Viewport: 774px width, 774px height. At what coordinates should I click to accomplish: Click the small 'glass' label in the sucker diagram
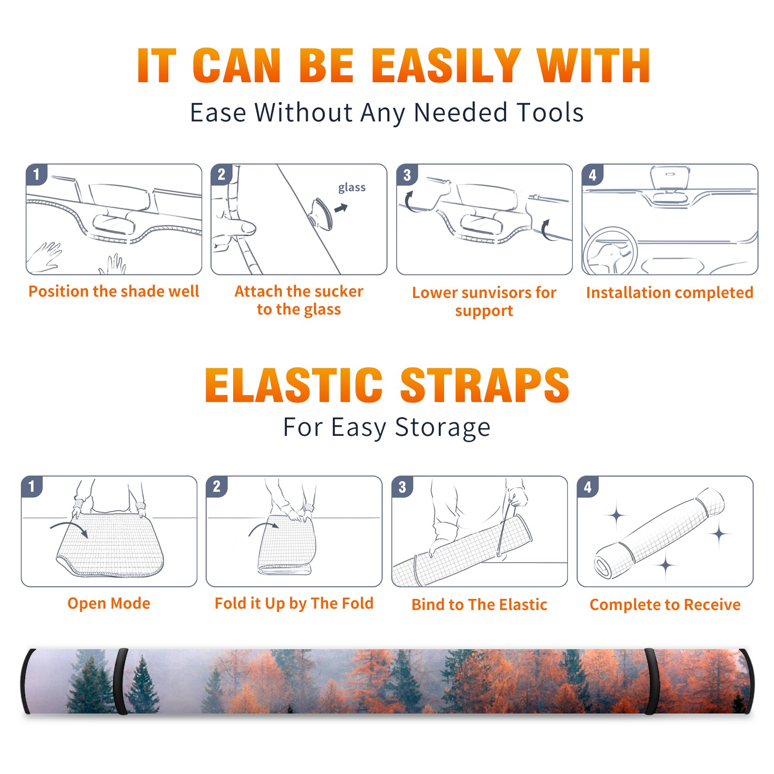point(352,188)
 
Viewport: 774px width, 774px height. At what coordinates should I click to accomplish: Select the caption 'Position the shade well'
point(114,291)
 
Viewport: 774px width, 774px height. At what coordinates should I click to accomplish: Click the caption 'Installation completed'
point(670,292)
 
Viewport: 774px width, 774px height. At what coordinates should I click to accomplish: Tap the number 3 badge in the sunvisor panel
point(407,175)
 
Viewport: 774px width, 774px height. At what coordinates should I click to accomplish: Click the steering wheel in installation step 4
point(610,252)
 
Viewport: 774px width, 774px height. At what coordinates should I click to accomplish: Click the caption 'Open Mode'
point(109,603)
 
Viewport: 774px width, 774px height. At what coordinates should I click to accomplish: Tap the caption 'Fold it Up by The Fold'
point(294,603)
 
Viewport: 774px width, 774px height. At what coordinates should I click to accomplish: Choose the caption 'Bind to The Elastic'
point(479,605)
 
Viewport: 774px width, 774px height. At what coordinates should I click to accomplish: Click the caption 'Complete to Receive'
point(665,605)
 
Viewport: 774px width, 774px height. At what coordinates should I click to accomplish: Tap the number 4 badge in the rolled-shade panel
point(588,487)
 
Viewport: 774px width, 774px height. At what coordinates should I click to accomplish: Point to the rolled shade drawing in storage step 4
point(659,533)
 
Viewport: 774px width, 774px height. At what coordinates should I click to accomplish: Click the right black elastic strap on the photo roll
point(651,682)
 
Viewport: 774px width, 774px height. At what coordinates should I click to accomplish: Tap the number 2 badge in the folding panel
point(216,486)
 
